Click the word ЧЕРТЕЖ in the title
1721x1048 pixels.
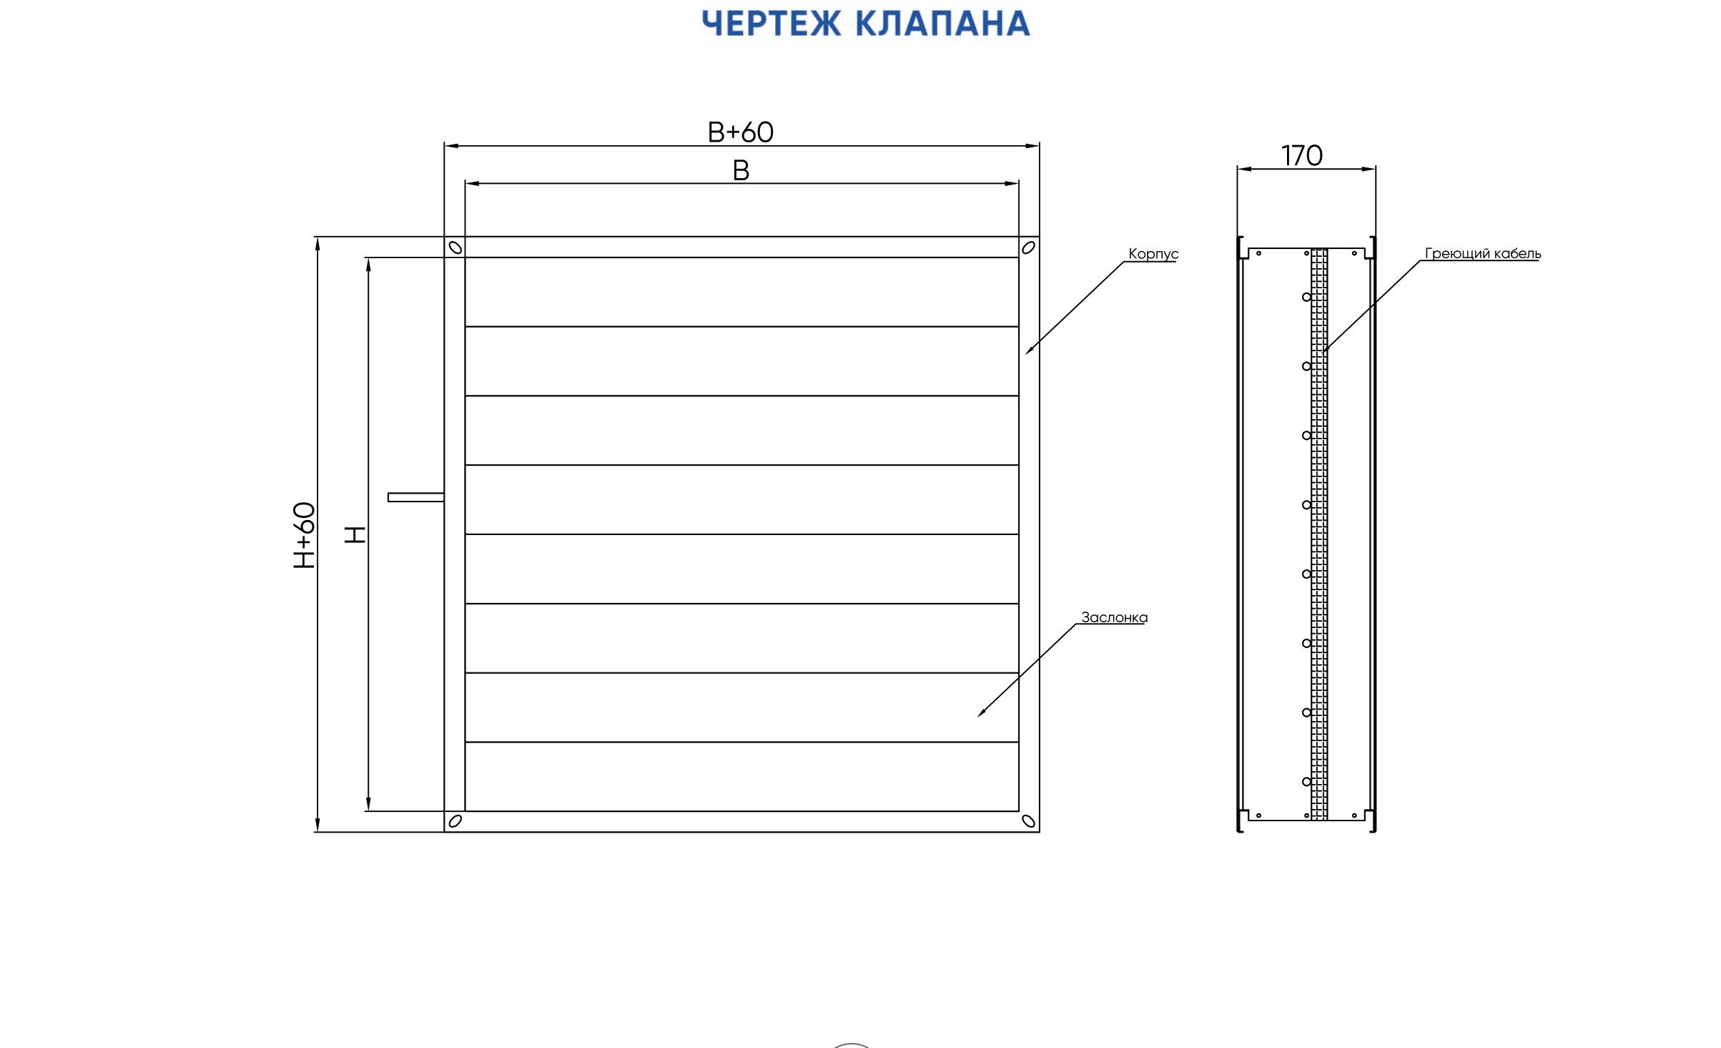click(x=771, y=24)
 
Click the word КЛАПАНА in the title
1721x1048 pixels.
click(x=943, y=24)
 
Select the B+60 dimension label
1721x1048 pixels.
click(x=741, y=132)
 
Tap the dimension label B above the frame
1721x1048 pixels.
click(x=741, y=170)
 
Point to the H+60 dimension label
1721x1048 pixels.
click(x=305, y=535)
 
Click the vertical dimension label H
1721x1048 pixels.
click(x=355, y=534)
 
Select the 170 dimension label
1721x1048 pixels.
click(x=1301, y=155)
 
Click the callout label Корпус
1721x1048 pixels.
click(x=1153, y=254)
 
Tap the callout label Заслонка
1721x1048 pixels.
click(x=1114, y=617)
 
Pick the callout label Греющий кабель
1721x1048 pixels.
click(x=1483, y=253)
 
